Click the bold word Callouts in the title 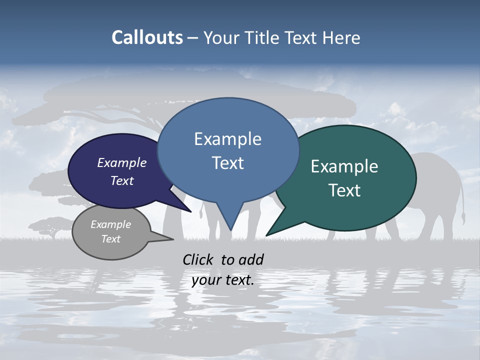click(147, 37)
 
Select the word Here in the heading click(342, 38)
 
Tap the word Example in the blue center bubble click(227, 139)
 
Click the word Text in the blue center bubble click(227, 163)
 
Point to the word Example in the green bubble click(344, 166)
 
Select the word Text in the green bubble click(344, 190)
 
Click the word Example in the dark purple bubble click(122, 163)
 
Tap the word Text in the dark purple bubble click(122, 181)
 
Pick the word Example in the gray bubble click(111, 224)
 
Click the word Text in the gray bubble click(111, 239)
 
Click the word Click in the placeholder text click(199, 259)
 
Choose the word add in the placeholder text click(251, 259)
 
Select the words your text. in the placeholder click(223, 280)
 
